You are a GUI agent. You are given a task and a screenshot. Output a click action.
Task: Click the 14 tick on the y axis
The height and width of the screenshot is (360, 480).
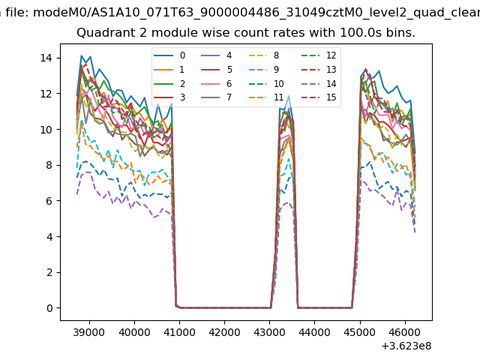[45, 58]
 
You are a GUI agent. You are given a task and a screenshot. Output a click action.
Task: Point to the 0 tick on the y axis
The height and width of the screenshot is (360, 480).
[48, 308]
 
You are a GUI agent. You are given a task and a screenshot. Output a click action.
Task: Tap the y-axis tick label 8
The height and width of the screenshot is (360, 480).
[48, 165]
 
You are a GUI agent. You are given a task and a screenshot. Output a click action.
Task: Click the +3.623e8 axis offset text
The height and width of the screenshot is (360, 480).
[407, 346]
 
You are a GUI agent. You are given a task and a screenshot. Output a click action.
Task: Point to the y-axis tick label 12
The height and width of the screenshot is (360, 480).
[45, 94]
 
